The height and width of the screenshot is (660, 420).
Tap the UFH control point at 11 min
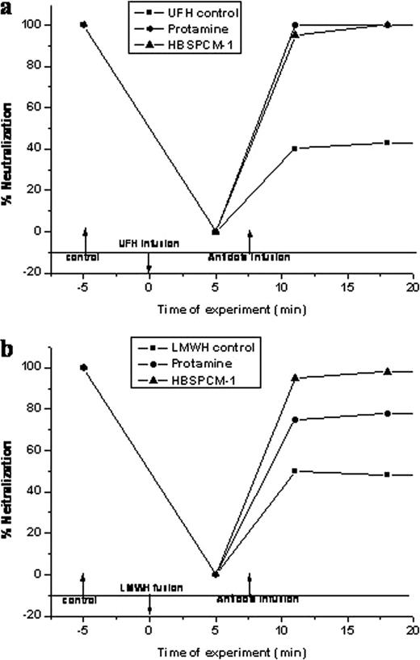294,148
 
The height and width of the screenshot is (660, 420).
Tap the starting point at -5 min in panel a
83,24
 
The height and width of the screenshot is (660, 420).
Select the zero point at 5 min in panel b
215,574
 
